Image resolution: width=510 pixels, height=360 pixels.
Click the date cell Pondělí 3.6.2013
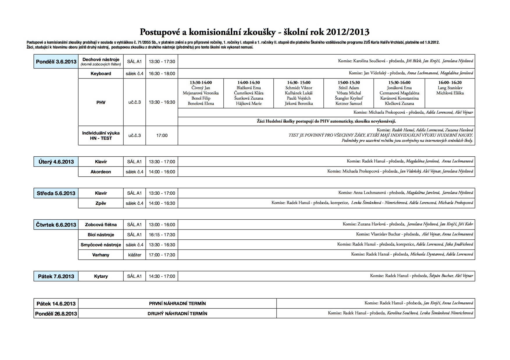point(56,62)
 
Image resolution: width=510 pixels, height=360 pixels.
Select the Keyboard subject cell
point(101,74)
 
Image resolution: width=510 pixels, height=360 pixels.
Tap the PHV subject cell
point(101,102)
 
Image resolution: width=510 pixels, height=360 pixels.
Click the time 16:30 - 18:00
point(162,74)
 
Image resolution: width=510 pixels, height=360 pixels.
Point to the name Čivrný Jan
point(201,88)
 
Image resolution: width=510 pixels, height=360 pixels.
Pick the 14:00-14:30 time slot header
point(249,83)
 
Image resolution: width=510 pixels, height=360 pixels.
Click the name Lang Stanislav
point(450,88)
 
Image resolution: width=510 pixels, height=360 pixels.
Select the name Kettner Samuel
point(349,103)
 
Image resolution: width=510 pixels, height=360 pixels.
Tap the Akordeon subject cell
point(101,172)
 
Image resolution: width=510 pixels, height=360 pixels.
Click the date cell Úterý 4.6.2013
point(56,162)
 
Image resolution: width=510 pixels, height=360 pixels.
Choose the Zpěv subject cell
point(101,203)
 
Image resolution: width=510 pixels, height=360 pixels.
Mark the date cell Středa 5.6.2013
point(56,193)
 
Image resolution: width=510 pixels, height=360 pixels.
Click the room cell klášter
point(134,255)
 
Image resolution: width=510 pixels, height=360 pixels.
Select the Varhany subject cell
point(101,255)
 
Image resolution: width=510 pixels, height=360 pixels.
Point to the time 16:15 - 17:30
point(162,235)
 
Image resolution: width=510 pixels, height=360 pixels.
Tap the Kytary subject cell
point(101,276)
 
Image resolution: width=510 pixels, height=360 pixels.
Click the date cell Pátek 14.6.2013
point(56,304)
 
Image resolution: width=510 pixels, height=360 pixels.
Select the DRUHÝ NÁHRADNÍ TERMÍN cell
point(177,314)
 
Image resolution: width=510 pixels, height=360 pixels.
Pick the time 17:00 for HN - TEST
point(162,135)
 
